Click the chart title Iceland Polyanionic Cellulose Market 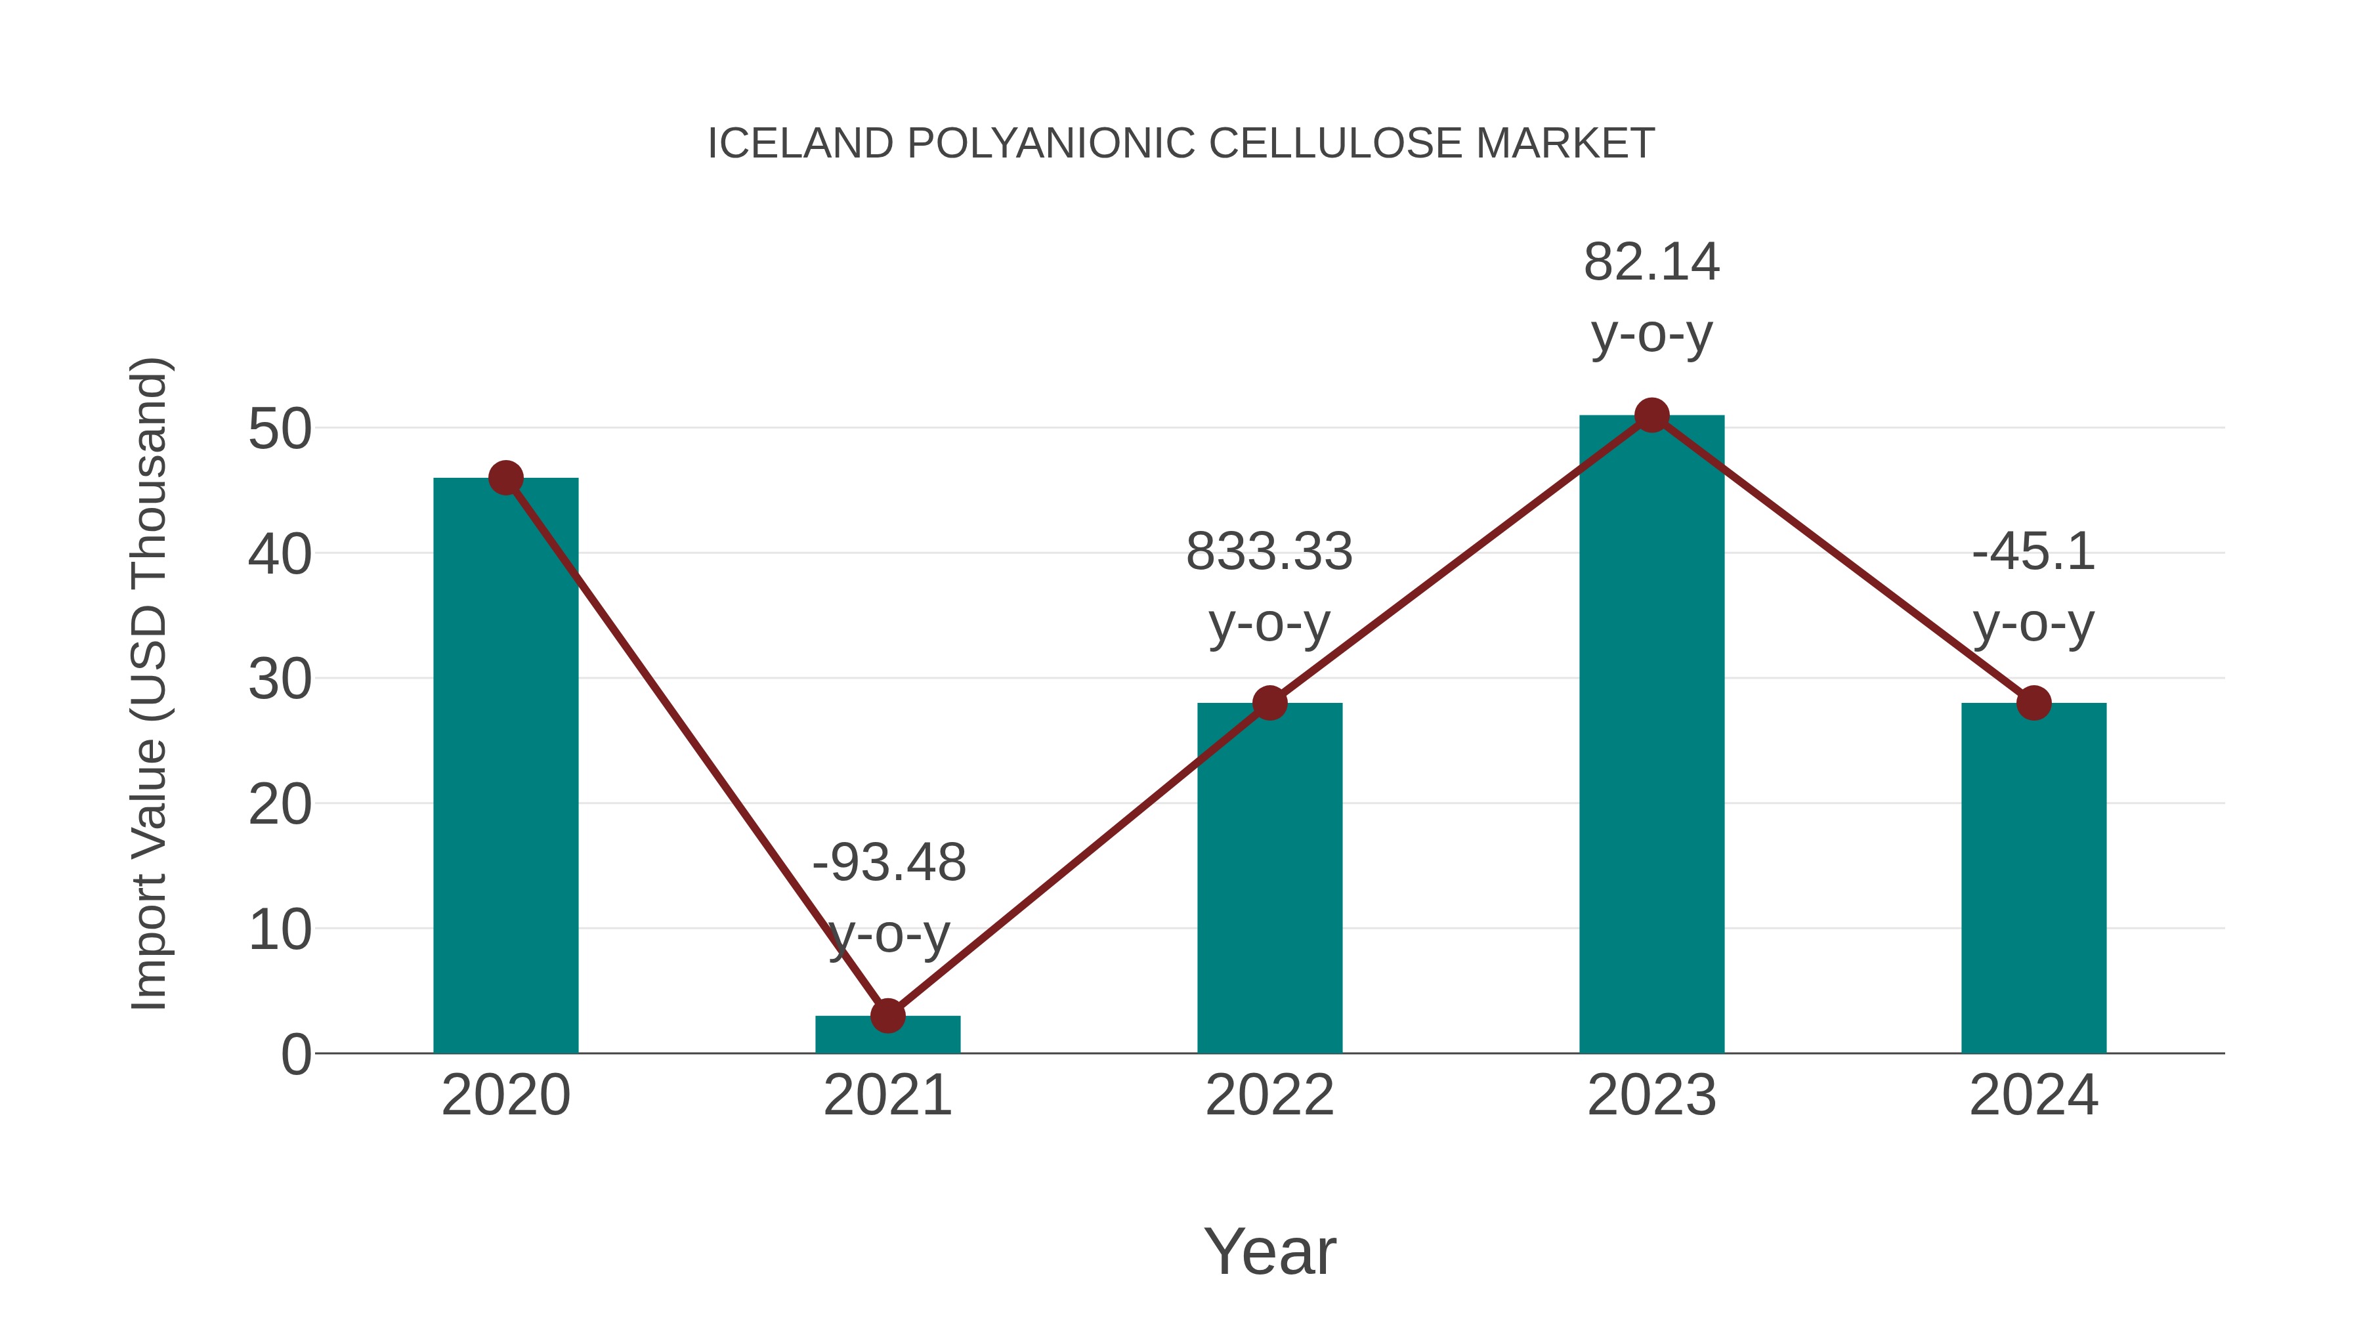coord(1181,144)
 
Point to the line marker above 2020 coord(505,478)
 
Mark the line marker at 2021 coord(888,1015)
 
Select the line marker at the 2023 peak coord(1651,415)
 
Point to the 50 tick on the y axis coord(280,429)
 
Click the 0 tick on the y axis coord(296,1055)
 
